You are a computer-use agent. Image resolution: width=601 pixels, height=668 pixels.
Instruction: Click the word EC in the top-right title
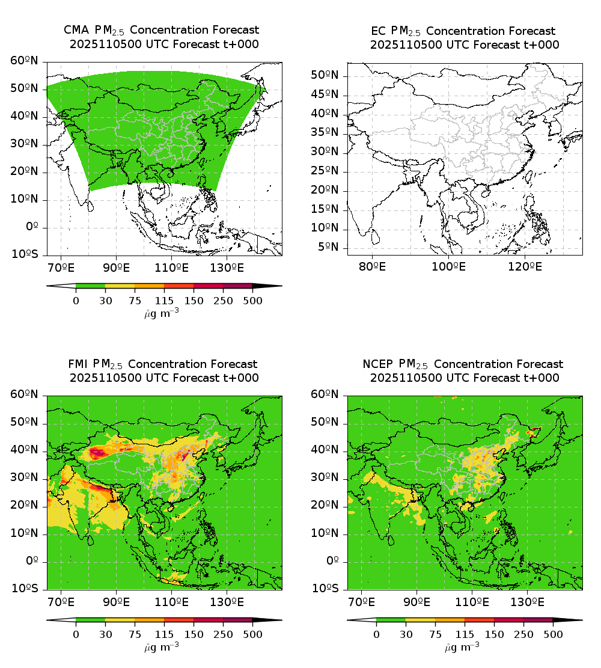pos(380,31)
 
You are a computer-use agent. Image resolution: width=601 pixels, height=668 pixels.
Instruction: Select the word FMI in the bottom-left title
pos(79,364)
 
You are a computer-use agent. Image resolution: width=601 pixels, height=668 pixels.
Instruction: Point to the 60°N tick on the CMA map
pos(25,61)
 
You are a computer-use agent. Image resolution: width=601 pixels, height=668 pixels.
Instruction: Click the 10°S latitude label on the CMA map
pos(25,254)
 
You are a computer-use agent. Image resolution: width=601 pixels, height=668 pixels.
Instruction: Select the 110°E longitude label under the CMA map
pos(172,267)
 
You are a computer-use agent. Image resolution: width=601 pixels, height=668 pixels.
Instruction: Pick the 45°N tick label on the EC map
pos(326,94)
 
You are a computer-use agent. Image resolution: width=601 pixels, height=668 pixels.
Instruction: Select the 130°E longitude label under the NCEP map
pos(528,601)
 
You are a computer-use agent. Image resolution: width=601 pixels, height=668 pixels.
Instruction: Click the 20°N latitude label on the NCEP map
pos(326,506)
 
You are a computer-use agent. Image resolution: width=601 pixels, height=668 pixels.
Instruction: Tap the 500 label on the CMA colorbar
pos(252,301)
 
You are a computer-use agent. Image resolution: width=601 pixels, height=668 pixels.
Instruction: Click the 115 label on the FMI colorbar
pos(164,634)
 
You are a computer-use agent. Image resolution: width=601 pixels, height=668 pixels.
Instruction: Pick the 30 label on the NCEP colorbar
pos(406,634)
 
